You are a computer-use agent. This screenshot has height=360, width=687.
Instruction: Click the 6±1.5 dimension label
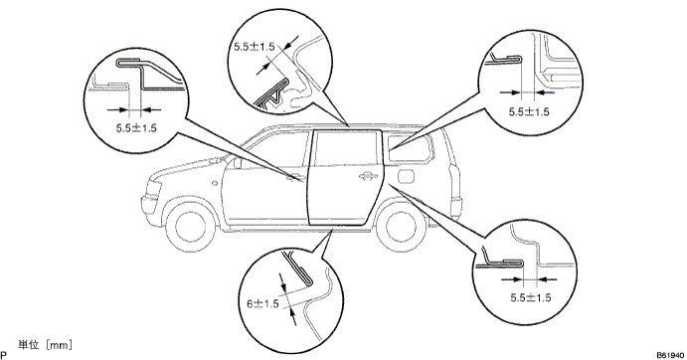262,303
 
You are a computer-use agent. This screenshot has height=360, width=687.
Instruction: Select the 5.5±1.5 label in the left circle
136,128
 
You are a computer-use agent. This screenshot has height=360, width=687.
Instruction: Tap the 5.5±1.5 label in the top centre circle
255,47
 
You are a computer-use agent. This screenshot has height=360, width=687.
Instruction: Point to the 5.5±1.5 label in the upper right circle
529,111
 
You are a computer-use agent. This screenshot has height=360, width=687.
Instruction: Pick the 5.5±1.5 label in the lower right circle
531,297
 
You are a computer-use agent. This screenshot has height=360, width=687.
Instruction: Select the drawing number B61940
670,355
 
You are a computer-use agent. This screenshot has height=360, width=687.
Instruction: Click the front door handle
295,178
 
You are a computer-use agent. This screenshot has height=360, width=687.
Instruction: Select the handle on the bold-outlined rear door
368,176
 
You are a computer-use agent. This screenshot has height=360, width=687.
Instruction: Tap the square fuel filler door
406,175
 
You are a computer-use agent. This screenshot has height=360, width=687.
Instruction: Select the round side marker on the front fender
214,183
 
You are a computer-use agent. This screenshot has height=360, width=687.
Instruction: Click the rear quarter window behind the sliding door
409,148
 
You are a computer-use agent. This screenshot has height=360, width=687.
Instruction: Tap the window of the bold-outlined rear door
347,149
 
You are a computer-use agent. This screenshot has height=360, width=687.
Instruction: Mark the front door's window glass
276,151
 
